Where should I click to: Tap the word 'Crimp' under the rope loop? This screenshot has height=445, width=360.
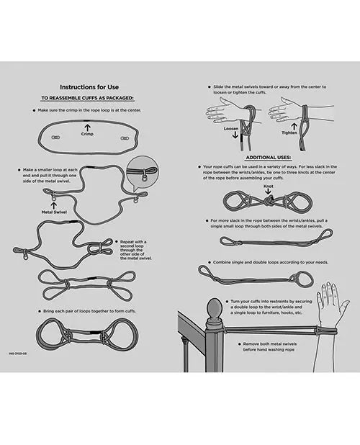pyautogui.click(x=87, y=135)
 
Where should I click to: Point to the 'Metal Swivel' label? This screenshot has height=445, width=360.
pyautogui.click(x=55, y=213)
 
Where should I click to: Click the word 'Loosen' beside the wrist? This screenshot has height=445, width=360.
pyautogui.click(x=230, y=130)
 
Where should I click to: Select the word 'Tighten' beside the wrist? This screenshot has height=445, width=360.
pyautogui.click(x=289, y=132)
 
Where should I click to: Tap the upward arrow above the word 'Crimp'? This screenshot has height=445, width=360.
pyautogui.click(x=87, y=127)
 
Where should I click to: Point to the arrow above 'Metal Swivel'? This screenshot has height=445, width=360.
pyautogui.click(x=55, y=205)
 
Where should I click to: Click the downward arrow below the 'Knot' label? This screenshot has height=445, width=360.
pyautogui.click(x=268, y=191)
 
